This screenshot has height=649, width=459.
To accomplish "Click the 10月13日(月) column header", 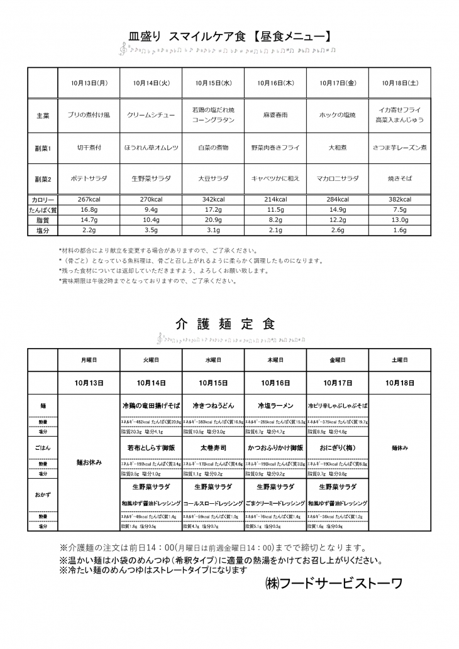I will coord(89,82).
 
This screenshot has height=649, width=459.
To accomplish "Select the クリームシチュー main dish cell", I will coord(151,116).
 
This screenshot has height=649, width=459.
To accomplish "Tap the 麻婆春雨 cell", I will coord(275,116).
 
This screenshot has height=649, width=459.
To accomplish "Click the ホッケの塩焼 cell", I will coord(338,116).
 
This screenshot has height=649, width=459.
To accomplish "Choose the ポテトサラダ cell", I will coord(89,178).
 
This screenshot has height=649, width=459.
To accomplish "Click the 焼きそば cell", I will coord(400,178).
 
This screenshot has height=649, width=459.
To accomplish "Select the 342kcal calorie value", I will coord(213,199).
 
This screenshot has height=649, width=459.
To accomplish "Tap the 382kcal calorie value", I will coord(400,199).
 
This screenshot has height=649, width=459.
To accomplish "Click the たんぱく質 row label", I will coord(43,210).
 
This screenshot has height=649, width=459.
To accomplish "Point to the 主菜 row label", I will coord(43,116).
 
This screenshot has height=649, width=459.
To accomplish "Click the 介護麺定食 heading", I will coord(226,324).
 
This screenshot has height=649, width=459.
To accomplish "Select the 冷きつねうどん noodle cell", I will coord(213,406).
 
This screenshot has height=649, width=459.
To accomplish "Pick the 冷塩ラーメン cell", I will coord(275,406).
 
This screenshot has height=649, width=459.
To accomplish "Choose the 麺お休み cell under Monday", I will coord(89,462).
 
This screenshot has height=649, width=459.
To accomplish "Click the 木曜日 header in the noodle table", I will coord(275,361).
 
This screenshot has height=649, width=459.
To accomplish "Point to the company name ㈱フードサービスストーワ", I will coord(333,583).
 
